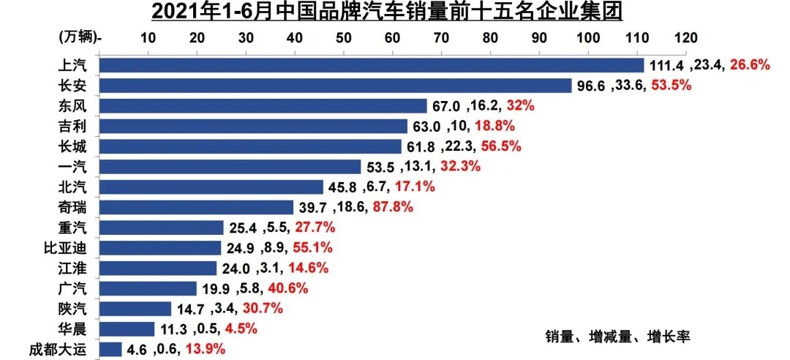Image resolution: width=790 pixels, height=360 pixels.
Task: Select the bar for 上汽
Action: tap(371, 66)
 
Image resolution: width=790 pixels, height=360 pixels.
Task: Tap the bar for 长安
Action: tap(335, 86)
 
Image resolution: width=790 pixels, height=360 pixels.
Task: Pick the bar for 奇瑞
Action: tap(196, 207)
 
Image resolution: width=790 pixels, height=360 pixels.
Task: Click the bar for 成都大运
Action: tap(110, 349)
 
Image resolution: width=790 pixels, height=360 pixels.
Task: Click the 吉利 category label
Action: tap(72, 127)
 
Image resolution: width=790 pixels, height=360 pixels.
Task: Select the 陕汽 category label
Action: tap(72, 308)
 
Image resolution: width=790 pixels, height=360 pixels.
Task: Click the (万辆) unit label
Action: tap(80, 37)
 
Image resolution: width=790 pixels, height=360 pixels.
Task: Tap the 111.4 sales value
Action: tap(665, 66)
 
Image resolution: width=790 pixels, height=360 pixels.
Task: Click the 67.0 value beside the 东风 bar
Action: tap(446, 106)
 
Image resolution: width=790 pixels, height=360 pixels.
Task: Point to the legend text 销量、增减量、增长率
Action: tap(617, 337)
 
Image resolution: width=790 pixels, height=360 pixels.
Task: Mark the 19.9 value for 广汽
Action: tap(217, 288)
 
